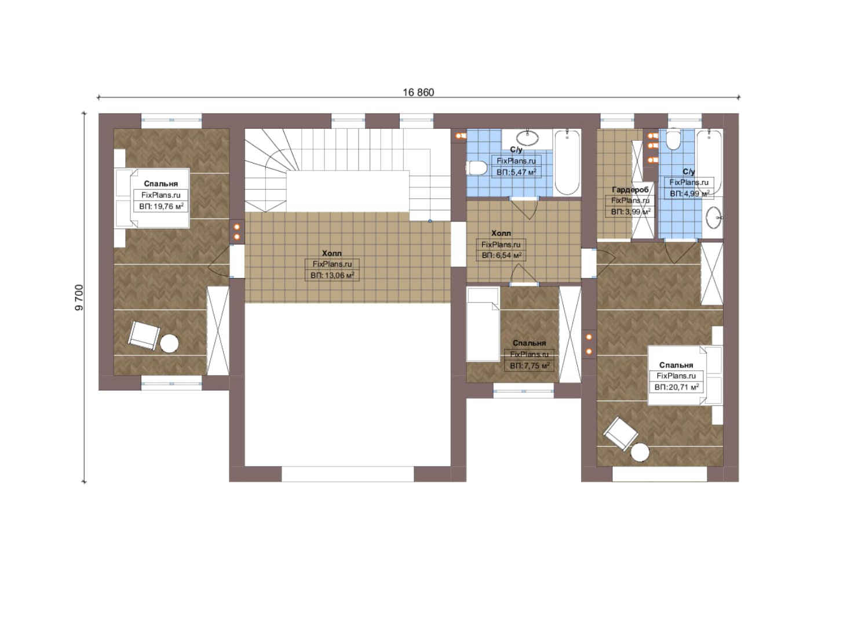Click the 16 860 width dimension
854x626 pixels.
pyautogui.click(x=418, y=92)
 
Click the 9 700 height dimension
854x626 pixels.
pyautogui.click(x=79, y=297)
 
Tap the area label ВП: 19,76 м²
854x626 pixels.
pyautogui.click(x=161, y=207)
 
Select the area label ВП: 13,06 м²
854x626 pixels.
pyautogui.click(x=332, y=275)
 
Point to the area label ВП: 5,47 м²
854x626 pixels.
pyautogui.click(x=516, y=172)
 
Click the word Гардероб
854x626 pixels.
pyautogui.click(x=630, y=190)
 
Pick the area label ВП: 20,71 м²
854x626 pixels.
pyautogui.click(x=676, y=387)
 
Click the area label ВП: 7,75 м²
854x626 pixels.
pyautogui.click(x=530, y=366)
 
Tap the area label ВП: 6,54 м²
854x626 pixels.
pyautogui.click(x=501, y=256)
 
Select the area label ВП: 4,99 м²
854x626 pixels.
pyautogui.click(x=689, y=194)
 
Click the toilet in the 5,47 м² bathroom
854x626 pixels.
pyautogui.click(x=477, y=168)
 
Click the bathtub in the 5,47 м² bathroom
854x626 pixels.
pyautogui.click(x=567, y=162)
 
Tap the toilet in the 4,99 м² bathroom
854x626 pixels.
pyautogui.click(x=674, y=140)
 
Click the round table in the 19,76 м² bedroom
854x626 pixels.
pyautogui.click(x=169, y=343)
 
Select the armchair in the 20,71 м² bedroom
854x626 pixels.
pyautogui.click(x=621, y=434)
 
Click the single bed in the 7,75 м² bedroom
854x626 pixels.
pyautogui.click(x=483, y=324)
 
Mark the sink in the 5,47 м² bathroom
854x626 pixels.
pyautogui.click(x=527, y=138)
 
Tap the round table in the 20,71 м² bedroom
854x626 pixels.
pyautogui.click(x=640, y=453)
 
